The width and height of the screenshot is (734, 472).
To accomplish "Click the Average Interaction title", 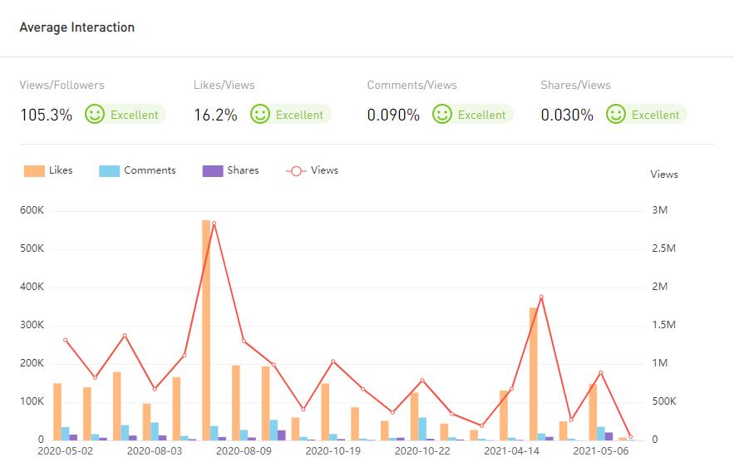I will coord(76,27).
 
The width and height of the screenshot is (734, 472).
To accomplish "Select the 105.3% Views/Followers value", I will coord(46,116).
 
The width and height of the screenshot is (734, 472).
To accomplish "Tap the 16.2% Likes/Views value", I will coord(215,116).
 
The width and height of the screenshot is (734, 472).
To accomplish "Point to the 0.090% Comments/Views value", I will coord(393,116).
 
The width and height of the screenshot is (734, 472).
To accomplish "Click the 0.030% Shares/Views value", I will coord(567,116).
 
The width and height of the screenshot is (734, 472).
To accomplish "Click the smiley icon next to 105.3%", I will coord(95,114).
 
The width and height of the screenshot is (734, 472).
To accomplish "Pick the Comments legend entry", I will coord(138,170).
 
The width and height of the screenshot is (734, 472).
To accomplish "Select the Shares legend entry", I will coord(231,170).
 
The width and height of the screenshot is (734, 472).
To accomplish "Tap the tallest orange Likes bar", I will coord(206,332).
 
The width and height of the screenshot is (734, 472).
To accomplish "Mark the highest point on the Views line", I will coord(214,224).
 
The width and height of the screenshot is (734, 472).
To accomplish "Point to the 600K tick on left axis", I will coord(32,211).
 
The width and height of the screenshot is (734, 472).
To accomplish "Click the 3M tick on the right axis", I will coord(659,211).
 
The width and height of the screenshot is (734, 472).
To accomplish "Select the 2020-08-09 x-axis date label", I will coord(244,451).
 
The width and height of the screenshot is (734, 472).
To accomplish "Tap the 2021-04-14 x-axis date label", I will coord(511,451).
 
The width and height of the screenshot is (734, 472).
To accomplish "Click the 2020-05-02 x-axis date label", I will coord(66,451).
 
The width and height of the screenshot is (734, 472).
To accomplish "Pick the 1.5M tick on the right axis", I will coord(664,326).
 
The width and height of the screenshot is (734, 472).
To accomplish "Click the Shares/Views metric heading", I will coord(575,86).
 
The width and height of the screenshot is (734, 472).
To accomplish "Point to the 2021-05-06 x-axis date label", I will coord(601,451).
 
